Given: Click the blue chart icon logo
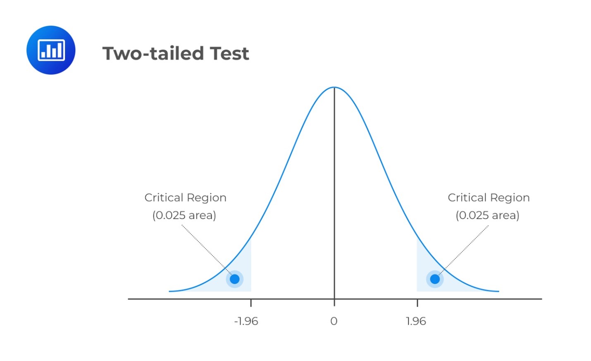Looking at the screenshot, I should coord(51,50).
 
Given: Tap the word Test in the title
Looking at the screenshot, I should coord(229,53).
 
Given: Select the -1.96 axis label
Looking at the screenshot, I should coord(246,321).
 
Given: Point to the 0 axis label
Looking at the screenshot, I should coord(334,321).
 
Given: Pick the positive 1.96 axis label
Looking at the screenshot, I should coord(416,321).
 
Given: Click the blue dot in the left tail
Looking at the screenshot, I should coord(235,279).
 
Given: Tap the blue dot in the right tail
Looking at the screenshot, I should coord(435,279).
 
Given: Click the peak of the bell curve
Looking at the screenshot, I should coord(334,87).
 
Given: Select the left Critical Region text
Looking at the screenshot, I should coord(185,198).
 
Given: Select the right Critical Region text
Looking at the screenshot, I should coord(489,198).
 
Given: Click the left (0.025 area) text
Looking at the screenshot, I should coord(184,215).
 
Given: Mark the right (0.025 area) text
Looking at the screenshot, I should coord(487,215).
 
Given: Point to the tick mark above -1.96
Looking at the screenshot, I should coord(251,303).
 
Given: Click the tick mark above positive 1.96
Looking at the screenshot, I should coord(417,303).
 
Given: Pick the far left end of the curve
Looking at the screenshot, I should coord(170,291).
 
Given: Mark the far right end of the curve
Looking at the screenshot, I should coord(498,291).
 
